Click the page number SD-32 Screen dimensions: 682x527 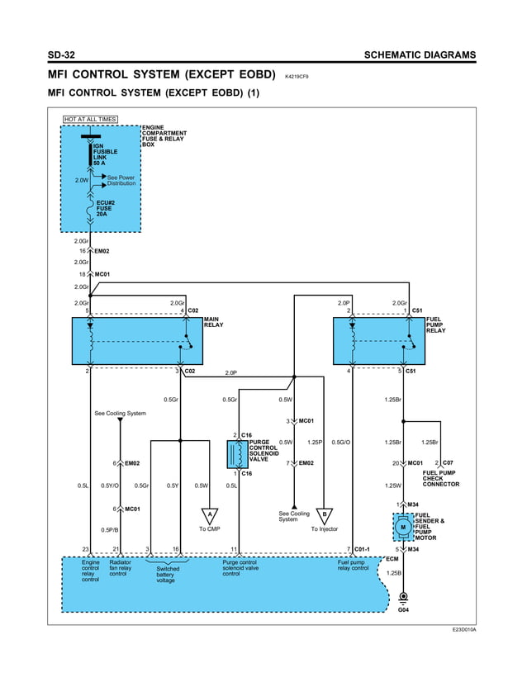point(63,55)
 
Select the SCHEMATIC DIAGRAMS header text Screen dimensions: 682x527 point(419,55)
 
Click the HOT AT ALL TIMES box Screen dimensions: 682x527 point(91,120)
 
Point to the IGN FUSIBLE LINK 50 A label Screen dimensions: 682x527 point(105,154)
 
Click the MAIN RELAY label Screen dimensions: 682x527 point(213,322)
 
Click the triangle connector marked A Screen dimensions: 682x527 point(210,515)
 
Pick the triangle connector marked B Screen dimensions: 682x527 point(325,515)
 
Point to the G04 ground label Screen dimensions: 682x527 point(403,610)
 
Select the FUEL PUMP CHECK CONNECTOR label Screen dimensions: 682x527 point(440,478)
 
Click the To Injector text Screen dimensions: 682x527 point(325,529)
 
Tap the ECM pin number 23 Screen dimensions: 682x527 point(86,549)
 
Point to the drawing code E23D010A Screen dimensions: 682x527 point(463,629)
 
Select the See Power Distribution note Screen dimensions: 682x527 point(121,180)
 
